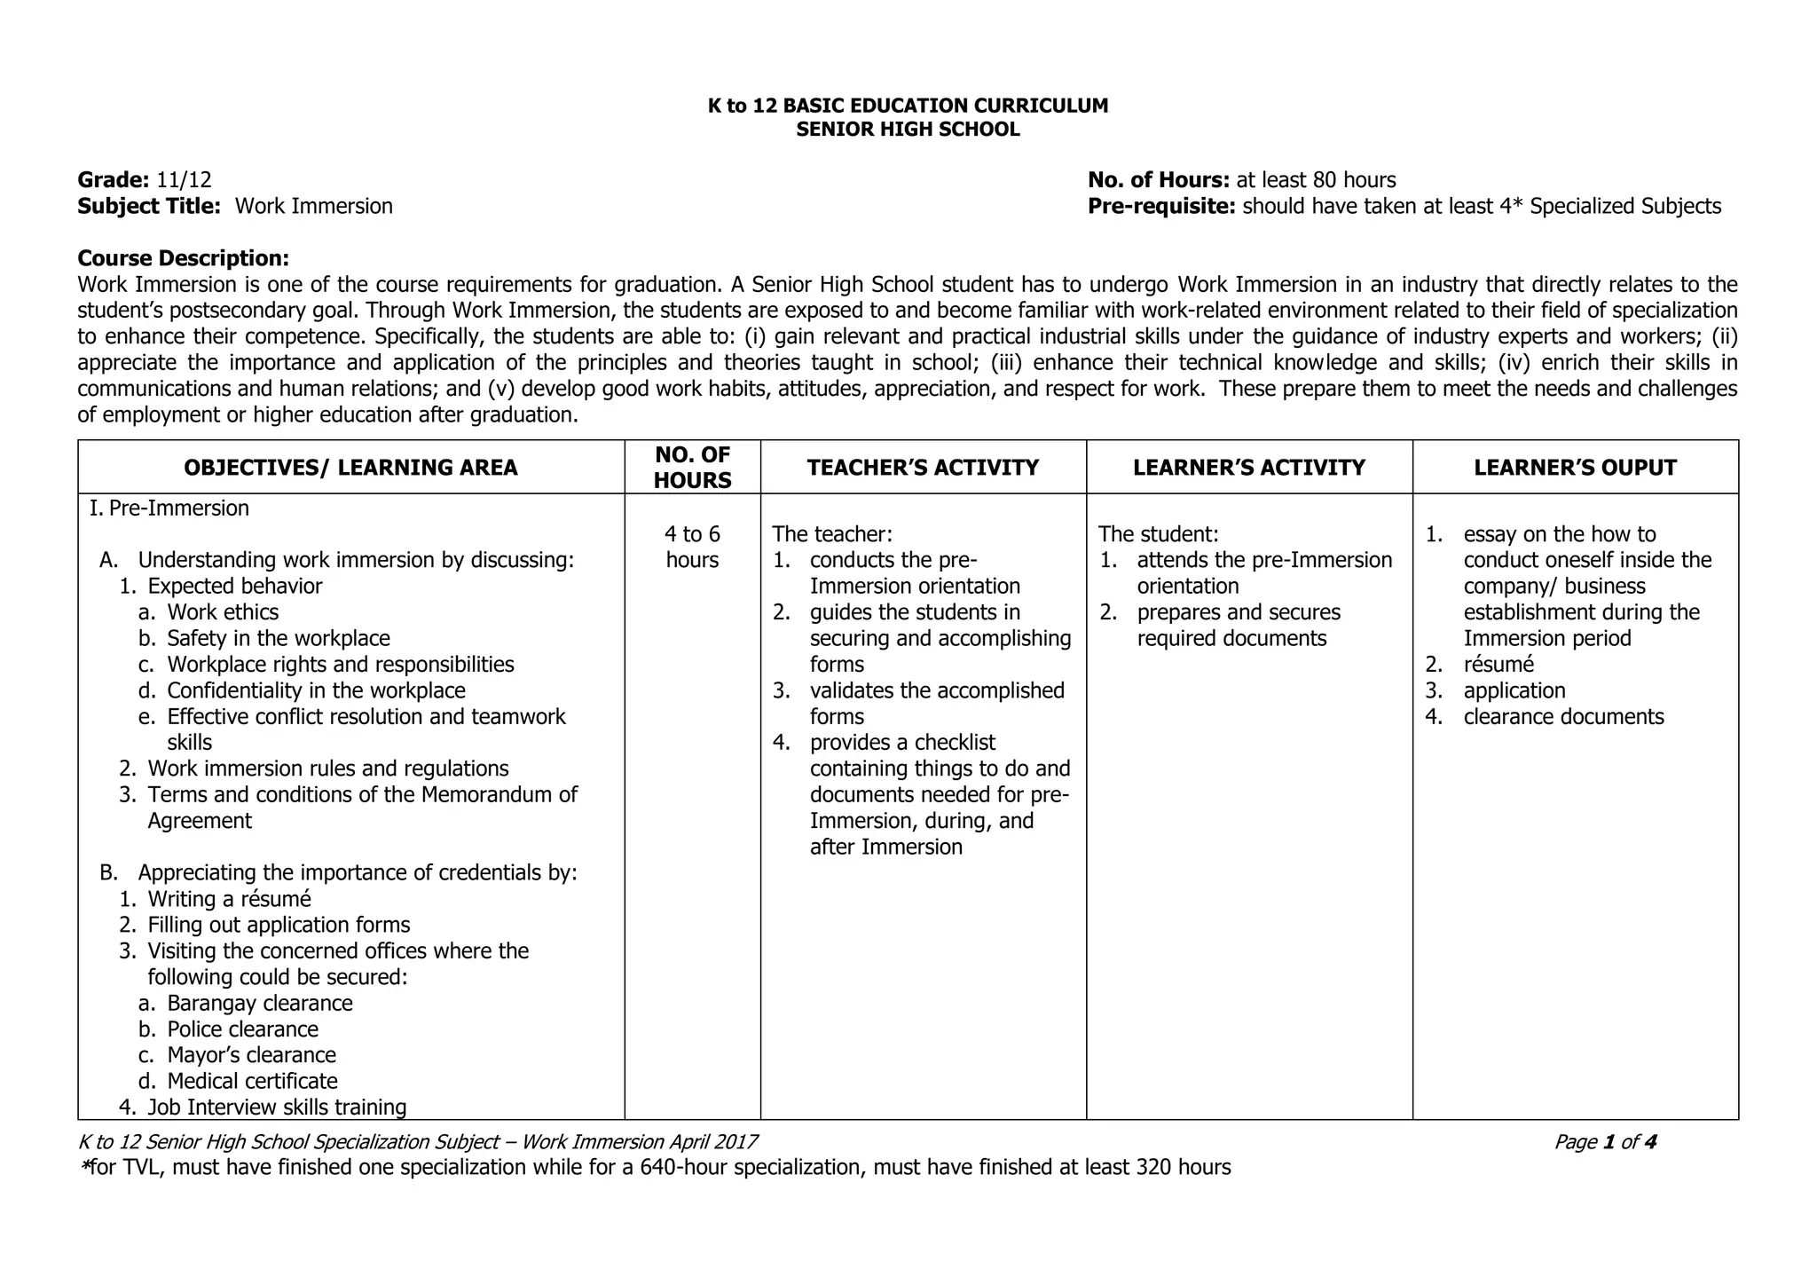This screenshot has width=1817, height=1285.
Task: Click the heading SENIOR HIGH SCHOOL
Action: [x=908, y=130]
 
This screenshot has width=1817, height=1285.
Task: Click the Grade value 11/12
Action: [x=185, y=180]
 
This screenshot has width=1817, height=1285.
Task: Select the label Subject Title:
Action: [x=149, y=207]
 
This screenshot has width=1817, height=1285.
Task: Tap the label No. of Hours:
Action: [x=1158, y=180]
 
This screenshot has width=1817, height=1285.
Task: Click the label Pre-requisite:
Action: [x=1161, y=207]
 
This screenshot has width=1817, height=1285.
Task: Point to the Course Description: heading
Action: [x=184, y=258]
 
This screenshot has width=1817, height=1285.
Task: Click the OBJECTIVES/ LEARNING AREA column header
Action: [x=350, y=468]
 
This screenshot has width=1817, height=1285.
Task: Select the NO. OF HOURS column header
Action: [x=692, y=468]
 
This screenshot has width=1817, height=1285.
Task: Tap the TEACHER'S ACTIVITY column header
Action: [x=923, y=468]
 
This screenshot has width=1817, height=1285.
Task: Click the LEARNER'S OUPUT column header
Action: [x=1575, y=468]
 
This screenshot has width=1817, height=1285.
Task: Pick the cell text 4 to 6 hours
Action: [x=692, y=547]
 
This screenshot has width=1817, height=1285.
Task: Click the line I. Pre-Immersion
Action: [x=169, y=508]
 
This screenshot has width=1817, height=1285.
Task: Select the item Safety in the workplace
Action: [x=278, y=638]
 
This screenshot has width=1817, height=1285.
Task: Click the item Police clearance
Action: [x=242, y=1029]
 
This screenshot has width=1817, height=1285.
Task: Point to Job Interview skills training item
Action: [x=277, y=1108]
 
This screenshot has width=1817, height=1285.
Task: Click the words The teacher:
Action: [x=832, y=534]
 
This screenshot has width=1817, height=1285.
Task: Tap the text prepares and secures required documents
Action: [x=1238, y=625]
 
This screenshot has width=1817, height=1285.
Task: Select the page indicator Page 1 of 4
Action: [x=1605, y=1142]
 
